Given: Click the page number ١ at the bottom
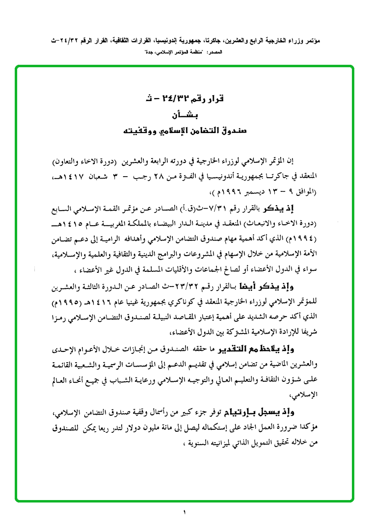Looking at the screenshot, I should click(186, 513).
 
